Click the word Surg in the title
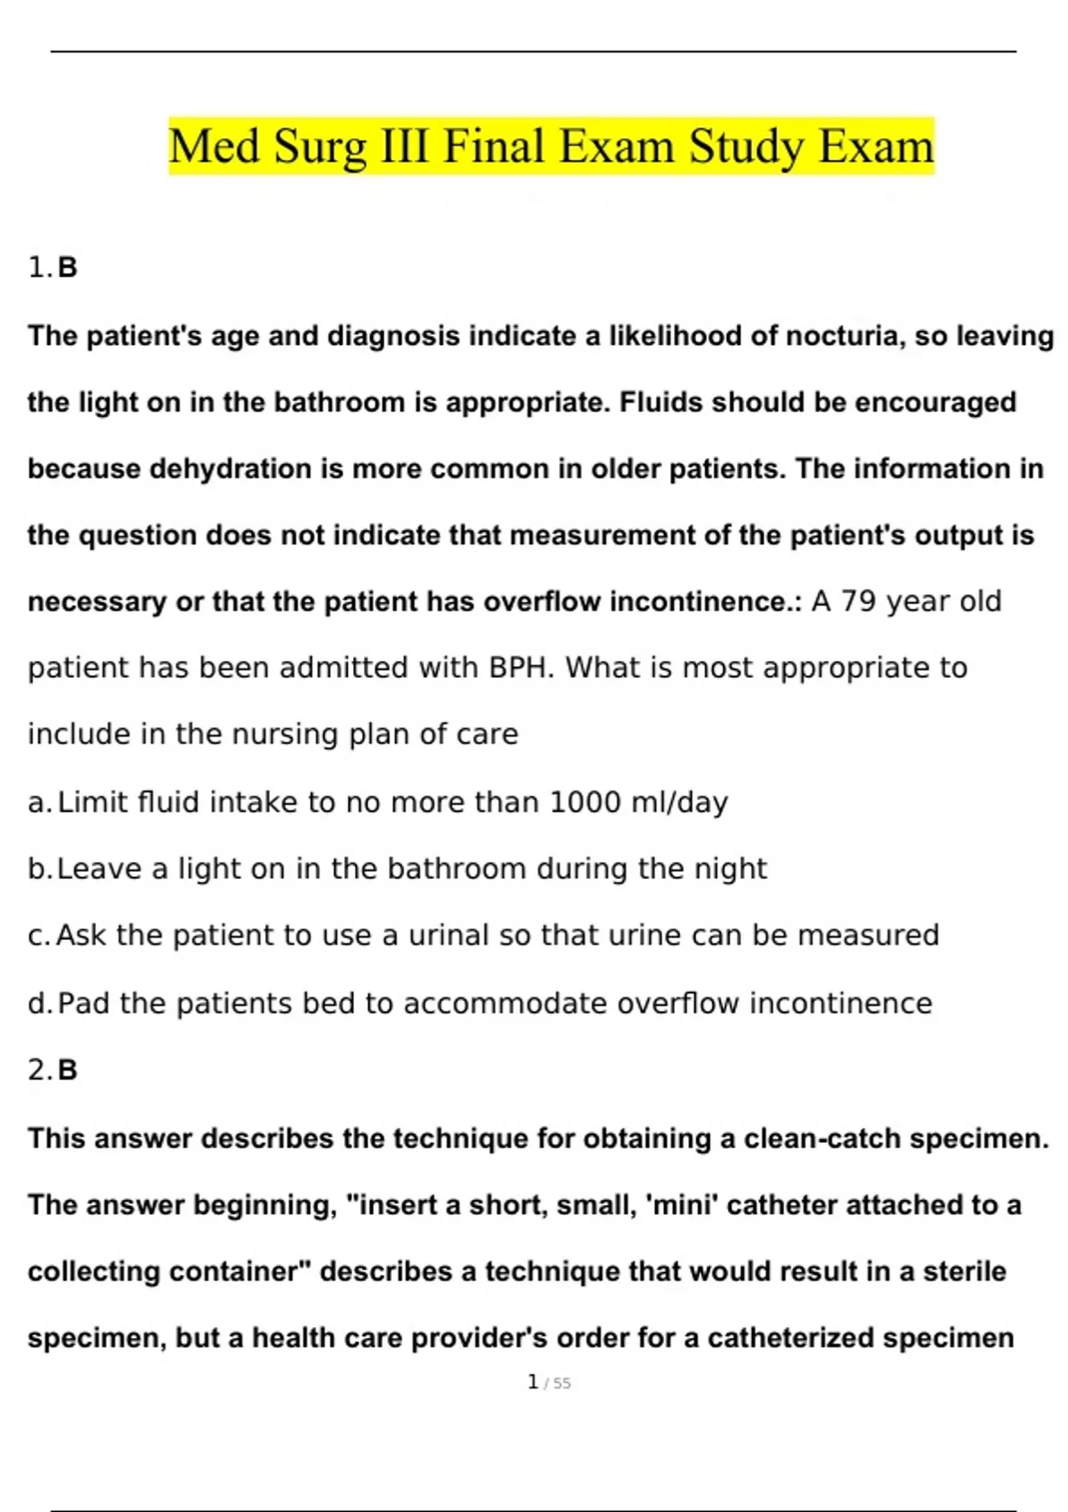pyautogui.click(x=320, y=147)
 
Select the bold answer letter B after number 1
pyautogui.click(x=68, y=268)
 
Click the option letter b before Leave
pyautogui.click(x=40, y=869)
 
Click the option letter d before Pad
pyautogui.click(x=40, y=1004)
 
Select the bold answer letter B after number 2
pyautogui.click(x=68, y=1070)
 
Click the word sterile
pyautogui.click(x=965, y=1272)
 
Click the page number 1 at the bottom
pyautogui.click(x=533, y=1382)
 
